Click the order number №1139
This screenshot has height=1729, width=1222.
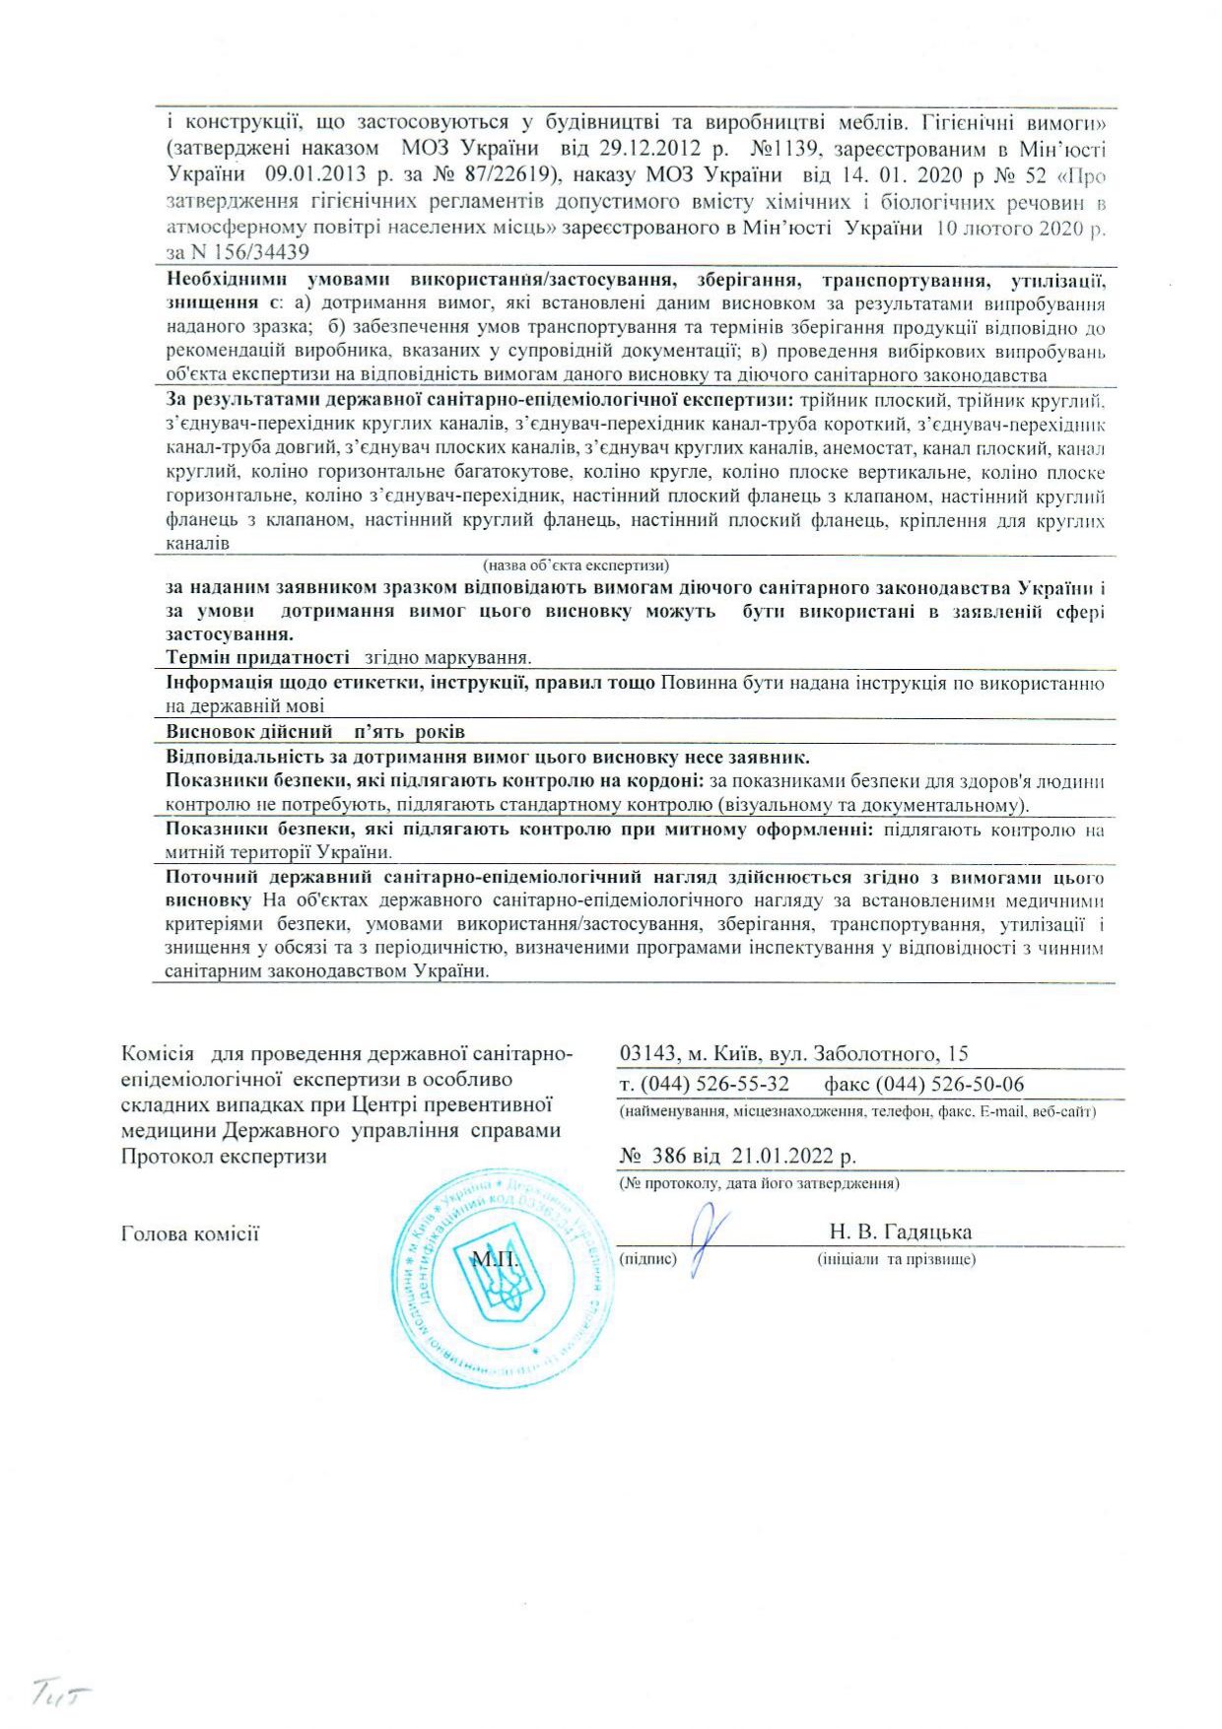(786, 150)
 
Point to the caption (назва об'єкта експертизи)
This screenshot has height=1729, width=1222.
(576, 565)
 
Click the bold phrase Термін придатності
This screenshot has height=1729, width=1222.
(258, 657)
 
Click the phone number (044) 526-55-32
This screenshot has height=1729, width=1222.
(714, 1085)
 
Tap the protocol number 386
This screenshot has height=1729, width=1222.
(668, 1157)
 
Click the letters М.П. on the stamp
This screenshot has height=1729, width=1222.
(496, 1258)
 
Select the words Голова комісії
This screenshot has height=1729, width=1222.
(190, 1233)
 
